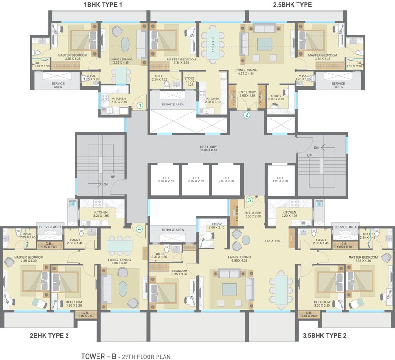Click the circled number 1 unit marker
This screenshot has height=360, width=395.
pos(139,105)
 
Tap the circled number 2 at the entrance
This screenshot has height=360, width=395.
pos(247,114)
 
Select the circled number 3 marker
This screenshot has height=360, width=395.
pos(249,200)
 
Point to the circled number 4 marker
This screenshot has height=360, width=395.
pos(139,229)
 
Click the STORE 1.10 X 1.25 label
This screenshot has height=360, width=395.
pos(189,82)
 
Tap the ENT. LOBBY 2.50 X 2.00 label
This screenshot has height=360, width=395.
pos(253,215)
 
